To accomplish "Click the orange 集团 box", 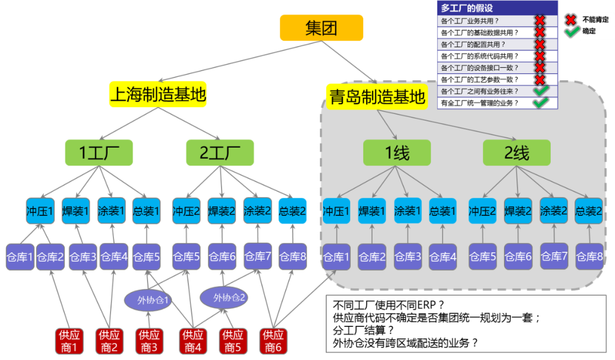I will [x=321, y=28].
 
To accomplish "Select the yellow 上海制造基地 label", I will [x=158, y=95].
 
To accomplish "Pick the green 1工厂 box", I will [x=98, y=152].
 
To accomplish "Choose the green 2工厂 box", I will [x=220, y=152].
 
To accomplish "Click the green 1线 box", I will [x=397, y=152].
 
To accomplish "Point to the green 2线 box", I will [x=516, y=152].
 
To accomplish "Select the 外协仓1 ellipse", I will [x=147, y=300].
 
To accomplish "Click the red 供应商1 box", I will [x=69, y=341].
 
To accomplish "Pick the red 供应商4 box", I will [x=193, y=341].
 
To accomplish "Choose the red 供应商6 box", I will [x=273, y=341].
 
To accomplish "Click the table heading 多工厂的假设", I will [x=467, y=8].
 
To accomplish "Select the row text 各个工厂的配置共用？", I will [x=473, y=44].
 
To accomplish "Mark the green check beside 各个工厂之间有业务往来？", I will [x=540, y=91].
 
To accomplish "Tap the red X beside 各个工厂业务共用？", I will [x=540, y=21].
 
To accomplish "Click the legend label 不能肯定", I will [x=595, y=19].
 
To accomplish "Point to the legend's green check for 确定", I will [x=572, y=31].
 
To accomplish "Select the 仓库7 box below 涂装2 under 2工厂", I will [x=257, y=256].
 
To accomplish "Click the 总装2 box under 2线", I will [x=589, y=211].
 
